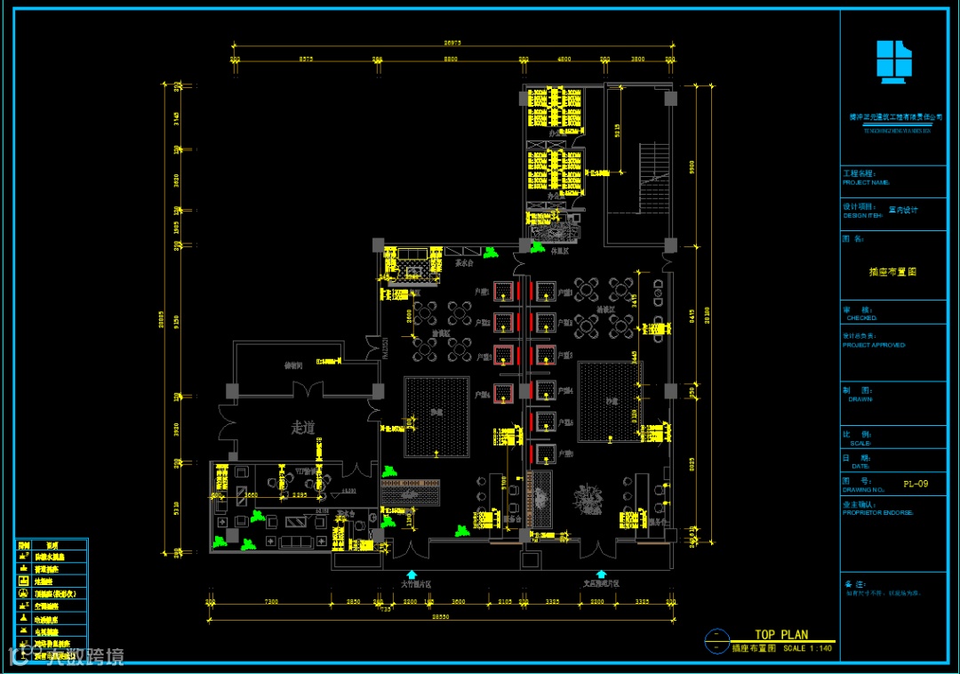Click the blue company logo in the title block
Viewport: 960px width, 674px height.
(894, 63)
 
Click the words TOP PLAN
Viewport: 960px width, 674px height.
(781, 635)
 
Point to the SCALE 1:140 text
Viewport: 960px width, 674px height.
(807, 648)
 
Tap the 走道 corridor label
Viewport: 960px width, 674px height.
(303, 428)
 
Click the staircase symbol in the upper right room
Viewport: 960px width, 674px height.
(652, 178)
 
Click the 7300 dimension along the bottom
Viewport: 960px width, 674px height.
(271, 602)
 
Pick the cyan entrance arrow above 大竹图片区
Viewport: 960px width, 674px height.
(412, 575)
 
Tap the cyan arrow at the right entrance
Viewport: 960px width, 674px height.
(601, 575)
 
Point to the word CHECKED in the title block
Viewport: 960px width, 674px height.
(861, 317)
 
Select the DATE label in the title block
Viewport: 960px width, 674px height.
(860, 466)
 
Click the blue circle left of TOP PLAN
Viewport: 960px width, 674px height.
(715, 638)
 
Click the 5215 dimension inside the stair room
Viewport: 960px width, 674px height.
(618, 133)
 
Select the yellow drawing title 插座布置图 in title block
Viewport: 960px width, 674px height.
(892, 272)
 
